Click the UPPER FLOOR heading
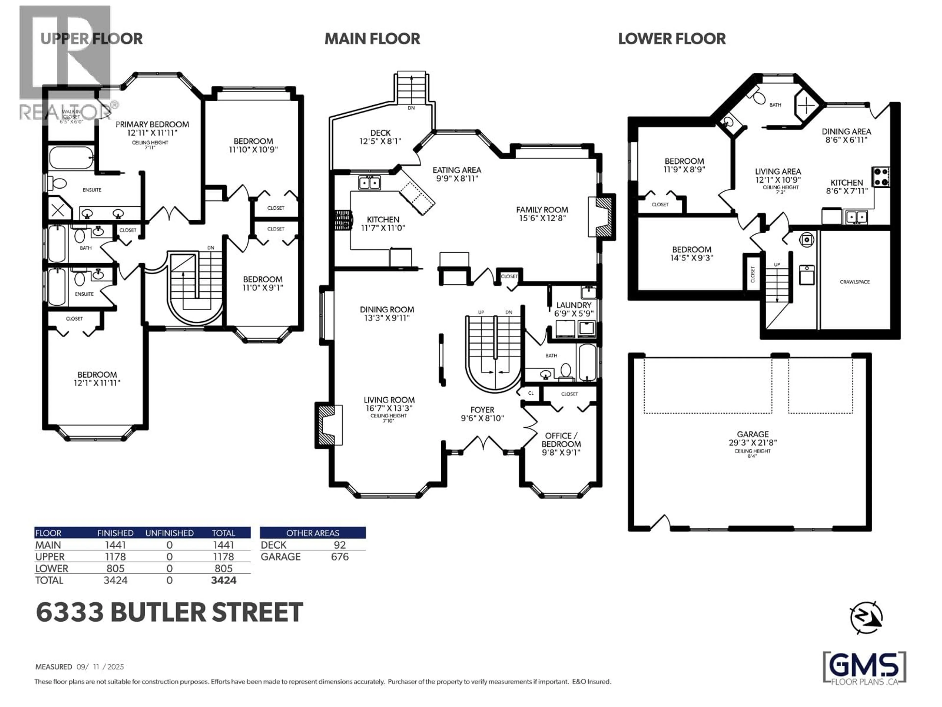(92, 39)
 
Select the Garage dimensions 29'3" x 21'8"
(752, 443)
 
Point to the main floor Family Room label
(542, 210)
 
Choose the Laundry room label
(574, 305)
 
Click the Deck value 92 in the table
(340, 545)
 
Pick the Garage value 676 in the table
(340, 557)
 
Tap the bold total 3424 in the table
(223, 580)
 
